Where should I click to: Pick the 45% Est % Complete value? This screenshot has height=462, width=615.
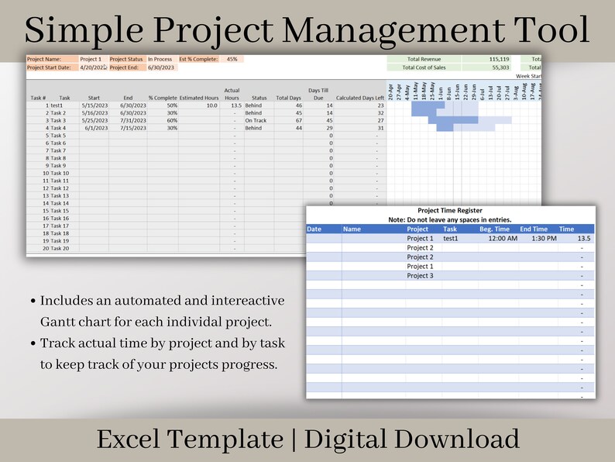coord(232,59)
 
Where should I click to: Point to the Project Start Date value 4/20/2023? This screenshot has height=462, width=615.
coord(93,67)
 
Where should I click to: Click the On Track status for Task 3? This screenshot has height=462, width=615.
coord(256,120)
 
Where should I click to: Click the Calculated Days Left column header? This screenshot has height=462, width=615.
coord(360,98)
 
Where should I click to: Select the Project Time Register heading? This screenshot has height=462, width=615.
coord(449,210)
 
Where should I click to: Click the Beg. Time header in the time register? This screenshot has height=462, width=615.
coord(494,229)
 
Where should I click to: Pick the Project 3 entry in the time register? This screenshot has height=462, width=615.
coord(420,276)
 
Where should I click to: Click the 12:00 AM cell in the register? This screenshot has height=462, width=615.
coord(503,239)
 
